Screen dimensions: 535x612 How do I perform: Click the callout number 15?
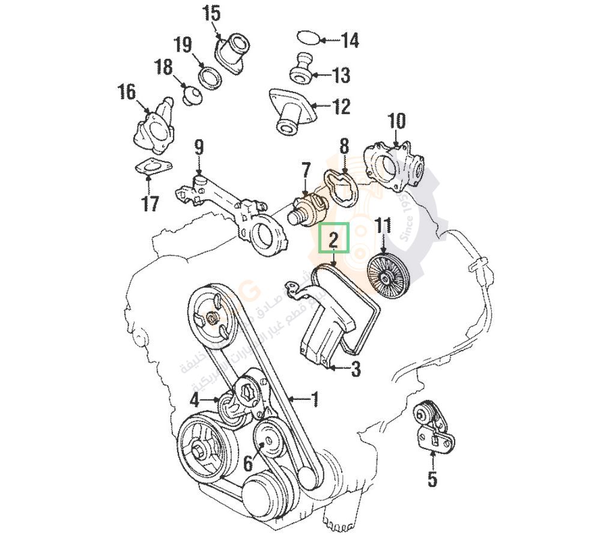211,13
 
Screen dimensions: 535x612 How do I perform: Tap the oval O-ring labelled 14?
309,38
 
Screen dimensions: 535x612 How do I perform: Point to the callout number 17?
150,204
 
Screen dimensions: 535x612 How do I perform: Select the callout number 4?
195,399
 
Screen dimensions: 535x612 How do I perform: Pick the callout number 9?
199,147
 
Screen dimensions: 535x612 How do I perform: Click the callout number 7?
306,170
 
